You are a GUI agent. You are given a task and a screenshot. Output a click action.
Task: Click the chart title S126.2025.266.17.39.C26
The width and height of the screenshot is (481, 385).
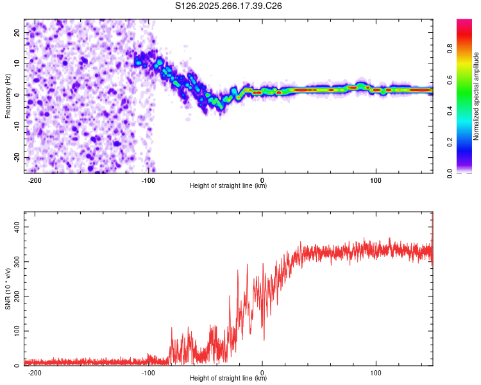[x=228, y=6]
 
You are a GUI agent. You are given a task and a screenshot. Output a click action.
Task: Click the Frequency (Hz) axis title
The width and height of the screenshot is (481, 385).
[x=8, y=96]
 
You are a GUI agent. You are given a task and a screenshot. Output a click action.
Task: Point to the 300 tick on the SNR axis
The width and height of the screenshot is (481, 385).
[x=14, y=262]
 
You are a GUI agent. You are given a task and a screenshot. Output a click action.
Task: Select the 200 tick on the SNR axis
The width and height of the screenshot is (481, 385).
[x=14, y=296]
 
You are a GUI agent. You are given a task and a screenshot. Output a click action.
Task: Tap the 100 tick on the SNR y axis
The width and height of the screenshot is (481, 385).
[x=14, y=331]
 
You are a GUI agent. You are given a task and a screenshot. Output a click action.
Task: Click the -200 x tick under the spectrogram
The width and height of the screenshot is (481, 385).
[x=35, y=180]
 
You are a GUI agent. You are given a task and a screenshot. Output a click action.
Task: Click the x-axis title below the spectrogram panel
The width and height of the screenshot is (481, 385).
[x=228, y=186]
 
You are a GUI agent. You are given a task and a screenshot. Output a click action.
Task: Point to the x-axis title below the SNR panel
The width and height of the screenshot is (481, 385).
[x=228, y=379]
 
